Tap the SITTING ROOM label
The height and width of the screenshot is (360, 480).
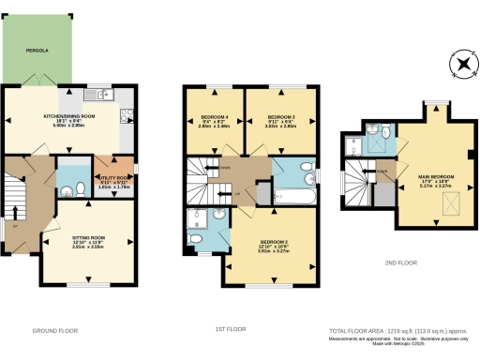click(x=90, y=239)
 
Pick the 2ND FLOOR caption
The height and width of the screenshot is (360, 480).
click(x=400, y=262)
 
